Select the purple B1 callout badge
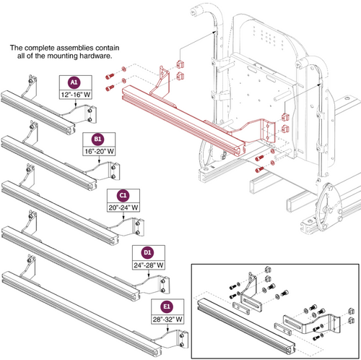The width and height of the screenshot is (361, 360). point(97,138)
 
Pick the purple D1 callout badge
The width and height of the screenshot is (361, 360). point(147,252)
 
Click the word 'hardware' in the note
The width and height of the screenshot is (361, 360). point(91,56)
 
